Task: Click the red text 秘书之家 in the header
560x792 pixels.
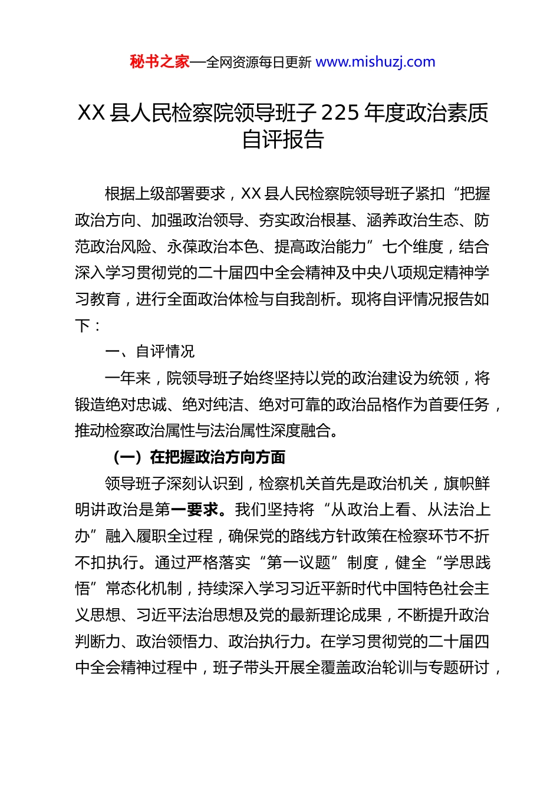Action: tap(159, 62)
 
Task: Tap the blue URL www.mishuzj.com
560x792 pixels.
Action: tap(375, 62)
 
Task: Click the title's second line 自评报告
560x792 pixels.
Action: tap(283, 140)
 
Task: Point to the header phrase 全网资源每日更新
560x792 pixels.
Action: tap(258, 62)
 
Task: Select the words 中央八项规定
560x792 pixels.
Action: tap(413, 273)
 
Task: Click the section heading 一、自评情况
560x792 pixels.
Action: tap(150, 352)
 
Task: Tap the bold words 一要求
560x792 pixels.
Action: tap(194, 510)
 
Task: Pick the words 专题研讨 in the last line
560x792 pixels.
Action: tap(459, 668)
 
